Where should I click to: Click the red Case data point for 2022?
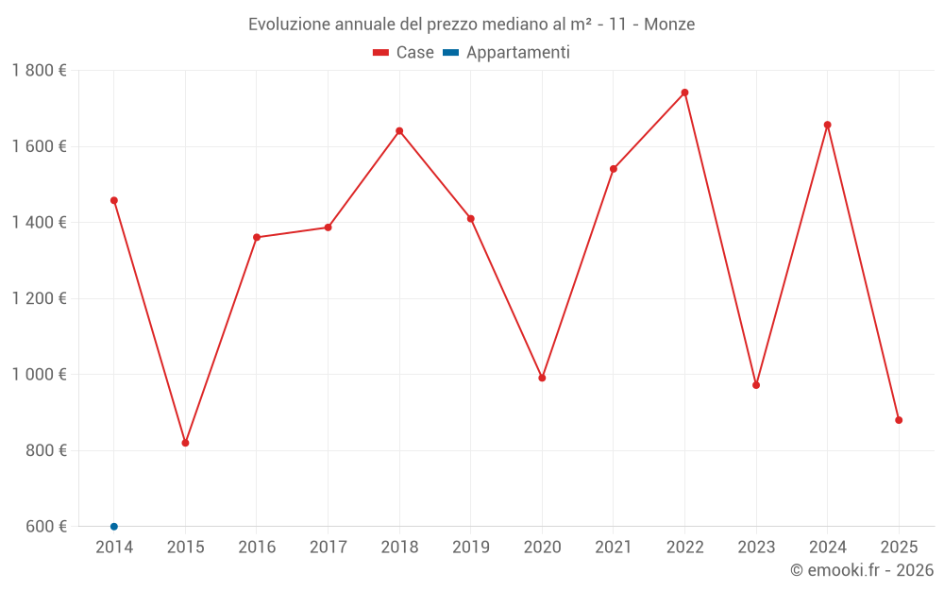click(x=684, y=93)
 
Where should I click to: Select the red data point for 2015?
click(x=185, y=443)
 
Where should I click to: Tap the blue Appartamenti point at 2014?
click(x=114, y=526)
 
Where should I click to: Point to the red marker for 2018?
click(x=399, y=131)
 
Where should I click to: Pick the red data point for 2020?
click(x=542, y=378)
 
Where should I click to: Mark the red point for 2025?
click(x=899, y=420)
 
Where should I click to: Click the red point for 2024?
click(x=827, y=125)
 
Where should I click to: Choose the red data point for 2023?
click(x=756, y=385)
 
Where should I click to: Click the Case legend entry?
click(x=404, y=53)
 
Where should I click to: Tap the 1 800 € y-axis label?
click(x=39, y=71)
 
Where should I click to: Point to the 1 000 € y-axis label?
click(x=39, y=375)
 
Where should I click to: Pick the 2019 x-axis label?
click(x=470, y=548)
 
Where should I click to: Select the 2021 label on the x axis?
click(x=613, y=548)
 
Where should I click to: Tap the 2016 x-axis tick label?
click(x=257, y=548)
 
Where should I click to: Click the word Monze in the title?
click(x=669, y=25)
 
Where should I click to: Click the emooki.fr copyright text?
click(x=862, y=570)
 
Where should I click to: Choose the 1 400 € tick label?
click(x=39, y=223)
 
